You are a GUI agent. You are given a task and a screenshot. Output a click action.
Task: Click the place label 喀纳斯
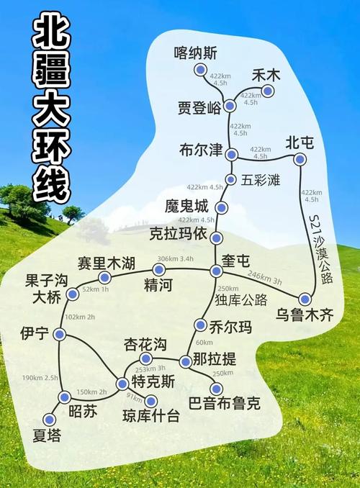[196, 53]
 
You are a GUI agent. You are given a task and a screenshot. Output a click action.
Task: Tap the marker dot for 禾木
[269, 91]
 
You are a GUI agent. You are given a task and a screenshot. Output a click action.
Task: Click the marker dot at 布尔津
[231, 155]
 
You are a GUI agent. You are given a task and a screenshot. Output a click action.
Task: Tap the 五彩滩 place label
[260, 179]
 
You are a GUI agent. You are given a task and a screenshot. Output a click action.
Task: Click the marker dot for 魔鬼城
[222, 209]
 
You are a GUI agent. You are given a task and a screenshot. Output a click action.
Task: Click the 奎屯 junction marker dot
[216, 271]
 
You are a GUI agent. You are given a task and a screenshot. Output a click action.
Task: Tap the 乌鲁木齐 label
[305, 315]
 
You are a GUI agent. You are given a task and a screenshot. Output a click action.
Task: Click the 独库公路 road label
[242, 299]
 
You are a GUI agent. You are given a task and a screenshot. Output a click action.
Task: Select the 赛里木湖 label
[107, 263]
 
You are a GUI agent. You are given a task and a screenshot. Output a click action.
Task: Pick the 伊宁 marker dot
[60, 334]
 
